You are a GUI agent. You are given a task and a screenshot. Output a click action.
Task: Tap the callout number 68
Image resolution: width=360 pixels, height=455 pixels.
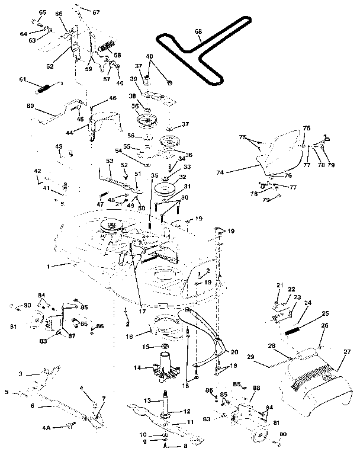197,32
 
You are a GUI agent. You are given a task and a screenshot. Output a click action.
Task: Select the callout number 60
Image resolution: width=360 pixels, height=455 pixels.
30,107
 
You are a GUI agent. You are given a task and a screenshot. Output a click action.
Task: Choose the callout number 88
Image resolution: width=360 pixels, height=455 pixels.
256,388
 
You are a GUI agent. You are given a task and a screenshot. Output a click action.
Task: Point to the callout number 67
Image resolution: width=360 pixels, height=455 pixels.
97,12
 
